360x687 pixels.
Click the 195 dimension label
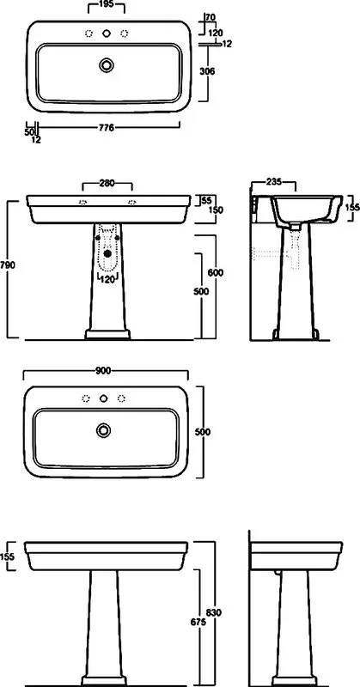coord(107,4)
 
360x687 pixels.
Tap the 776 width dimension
coord(107,127)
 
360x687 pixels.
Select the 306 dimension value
coord(206,71)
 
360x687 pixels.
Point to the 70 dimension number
coord(210,17)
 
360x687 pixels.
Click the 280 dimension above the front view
coord(107,183)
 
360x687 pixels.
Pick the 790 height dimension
coord(9,264)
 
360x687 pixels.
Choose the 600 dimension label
coord(216,272)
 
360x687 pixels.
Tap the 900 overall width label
coord(102,371)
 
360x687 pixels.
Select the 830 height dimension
coord(214,612)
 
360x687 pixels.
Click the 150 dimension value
coord(216,210)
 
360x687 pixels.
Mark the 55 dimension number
coord(205,200)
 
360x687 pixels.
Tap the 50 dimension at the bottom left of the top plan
coord(29,131)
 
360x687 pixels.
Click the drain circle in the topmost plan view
coord(107,65)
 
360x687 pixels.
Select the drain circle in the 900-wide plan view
coord(103,430)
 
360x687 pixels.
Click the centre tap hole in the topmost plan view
coord(107,33)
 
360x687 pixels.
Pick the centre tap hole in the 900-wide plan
coord(103,398)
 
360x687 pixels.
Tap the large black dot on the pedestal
coord(108,253)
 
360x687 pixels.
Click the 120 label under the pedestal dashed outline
coord(108,279)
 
